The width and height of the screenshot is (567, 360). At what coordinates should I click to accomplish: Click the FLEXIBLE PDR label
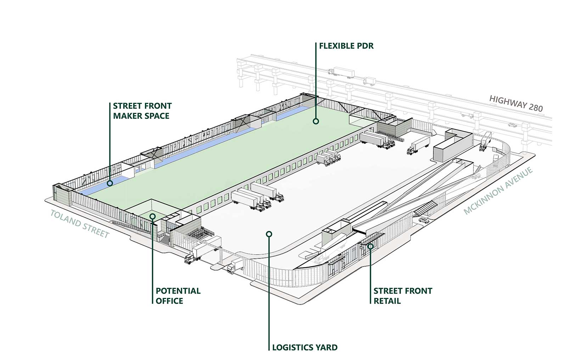(x=346, y=46)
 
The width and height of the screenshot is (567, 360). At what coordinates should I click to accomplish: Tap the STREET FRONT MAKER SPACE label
(x=142, y=111)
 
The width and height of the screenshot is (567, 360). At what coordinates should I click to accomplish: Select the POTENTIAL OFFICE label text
(x=178, y=296)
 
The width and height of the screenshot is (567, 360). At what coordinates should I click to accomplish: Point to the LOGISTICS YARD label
(x=304, y=347)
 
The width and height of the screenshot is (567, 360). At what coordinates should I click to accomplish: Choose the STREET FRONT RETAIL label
(x=403, y=296)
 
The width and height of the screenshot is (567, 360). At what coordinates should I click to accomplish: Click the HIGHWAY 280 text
(x=516, y=103)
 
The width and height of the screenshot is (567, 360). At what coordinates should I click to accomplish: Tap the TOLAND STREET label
(x=80, y=223)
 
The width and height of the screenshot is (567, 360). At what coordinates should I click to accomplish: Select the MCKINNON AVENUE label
(x=498, y=191)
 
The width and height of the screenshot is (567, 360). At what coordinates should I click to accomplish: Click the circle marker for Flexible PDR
(x=316, y=121)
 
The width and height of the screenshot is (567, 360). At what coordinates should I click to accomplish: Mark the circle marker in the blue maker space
(x=110, y=183)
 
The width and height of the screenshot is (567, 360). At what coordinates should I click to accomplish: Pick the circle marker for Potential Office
(x=152, y=216)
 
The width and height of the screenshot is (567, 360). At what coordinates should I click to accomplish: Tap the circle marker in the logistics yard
(x=269, y=234)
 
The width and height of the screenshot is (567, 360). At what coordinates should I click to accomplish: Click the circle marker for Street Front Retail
(x=370, y=246)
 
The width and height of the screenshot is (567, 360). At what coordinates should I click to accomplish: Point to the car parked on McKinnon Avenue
(x=423, y=220)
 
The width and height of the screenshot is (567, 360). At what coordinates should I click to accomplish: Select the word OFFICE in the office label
(x=169, y=301)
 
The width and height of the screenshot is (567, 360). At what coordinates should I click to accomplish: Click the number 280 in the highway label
(x=535, y=107)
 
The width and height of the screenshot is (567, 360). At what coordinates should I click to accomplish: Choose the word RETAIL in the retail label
(x=387, y=301)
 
